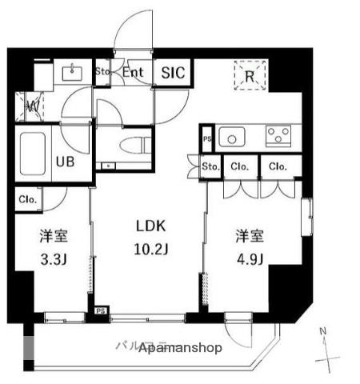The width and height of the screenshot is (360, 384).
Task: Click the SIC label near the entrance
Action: [x=173, y=73]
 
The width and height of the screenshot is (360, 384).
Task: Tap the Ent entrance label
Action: [x=133, y=73]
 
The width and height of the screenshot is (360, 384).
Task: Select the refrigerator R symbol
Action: [x=250, y=78]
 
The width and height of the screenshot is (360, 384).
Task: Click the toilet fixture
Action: [x=130, y=147]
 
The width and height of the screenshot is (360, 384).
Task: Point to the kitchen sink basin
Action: [x=232, y=138]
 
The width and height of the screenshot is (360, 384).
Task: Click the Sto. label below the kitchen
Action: [x=210, y=166]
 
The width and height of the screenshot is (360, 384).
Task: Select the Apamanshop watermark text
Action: [x=180, y=349]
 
